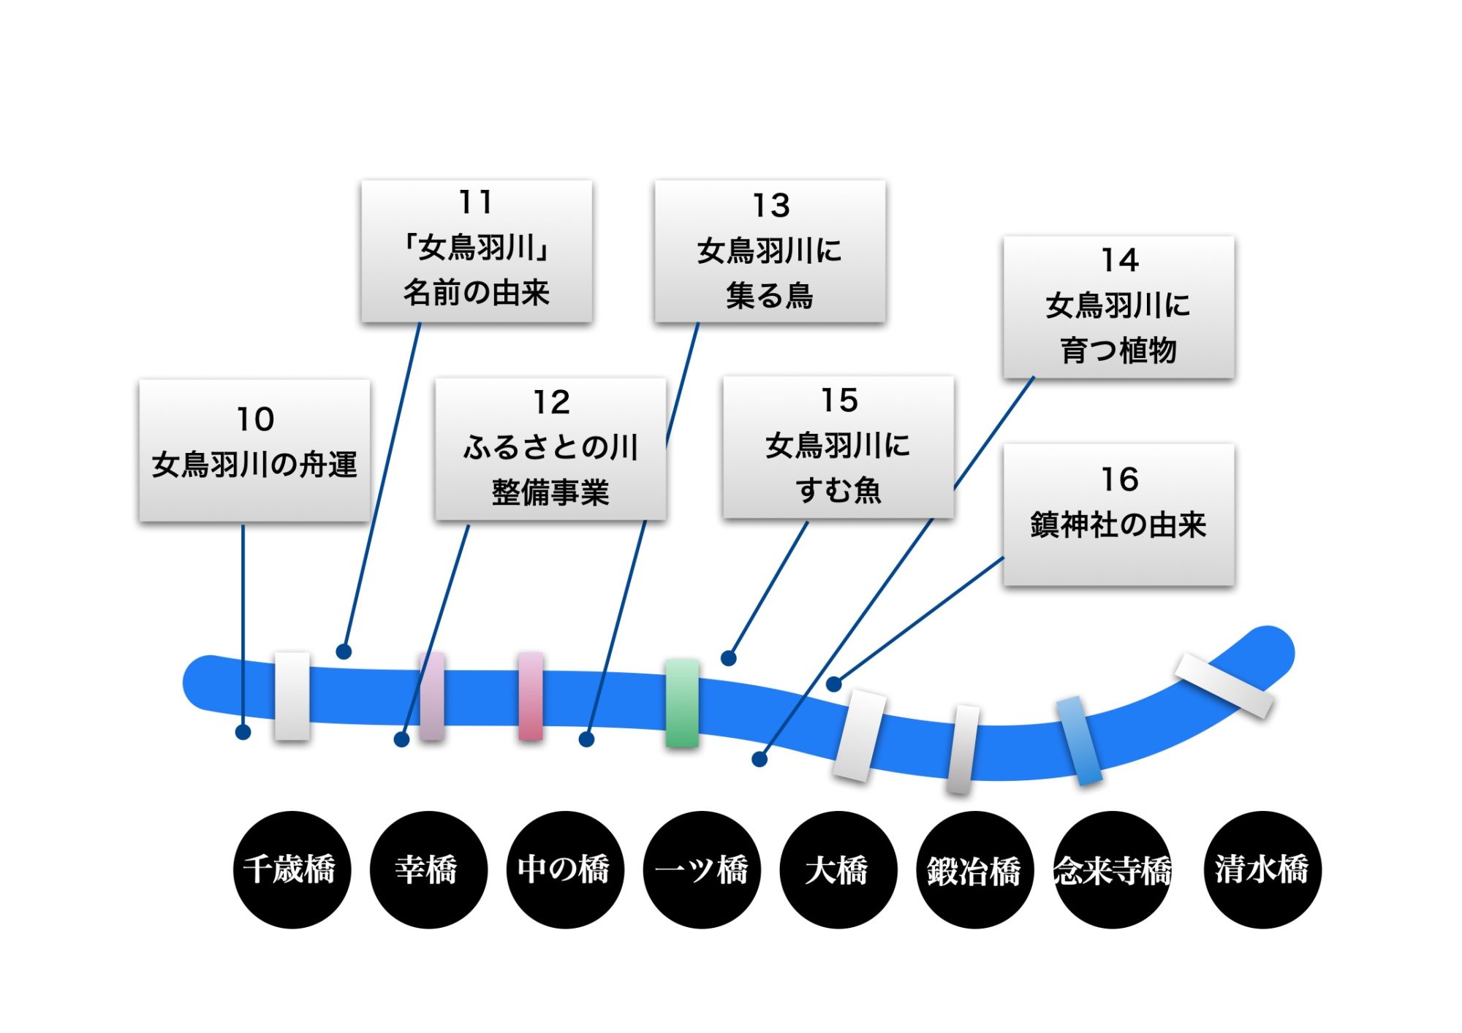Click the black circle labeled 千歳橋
[x=292, y=869]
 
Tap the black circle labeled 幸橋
[x=428, y=869]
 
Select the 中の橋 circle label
[x=565, y=869]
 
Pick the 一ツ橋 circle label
[x=702, y=869]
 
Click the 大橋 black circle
[x=838, y=869]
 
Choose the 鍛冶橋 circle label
[x=975, y=869]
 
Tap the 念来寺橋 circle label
[x=1112, y=869]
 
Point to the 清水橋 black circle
[x=1262, y=869]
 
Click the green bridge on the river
[x=682, y=703]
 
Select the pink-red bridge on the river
[x=531, y=696]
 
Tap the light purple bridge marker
[x=432, y=696]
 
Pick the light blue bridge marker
[x=1080, y=740]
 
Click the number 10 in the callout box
[x=255, y=419]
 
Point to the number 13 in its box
[x=771, y=206]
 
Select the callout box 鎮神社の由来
[x=1118, y=514]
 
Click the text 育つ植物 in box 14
[x=1118, y=351]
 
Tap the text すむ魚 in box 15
[x=838, y=490]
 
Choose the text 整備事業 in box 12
[x=550, y=492]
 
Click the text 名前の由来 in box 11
[x=476, y=293]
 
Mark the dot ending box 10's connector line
[x=243, y=731]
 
